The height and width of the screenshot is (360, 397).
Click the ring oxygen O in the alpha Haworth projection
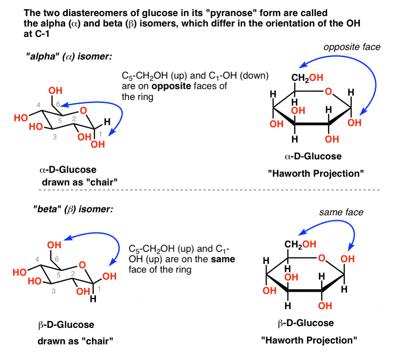(x=329, y=91)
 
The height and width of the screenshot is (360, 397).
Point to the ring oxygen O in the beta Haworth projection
(x=321, y=258)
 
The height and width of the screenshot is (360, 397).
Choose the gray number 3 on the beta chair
(x=53, y=292)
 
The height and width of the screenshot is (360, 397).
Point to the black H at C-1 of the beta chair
(x=93, y=300)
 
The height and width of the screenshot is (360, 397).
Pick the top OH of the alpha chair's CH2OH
(x=55, y=91)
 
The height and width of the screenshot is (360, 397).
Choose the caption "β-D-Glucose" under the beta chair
(x=67, y=324)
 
